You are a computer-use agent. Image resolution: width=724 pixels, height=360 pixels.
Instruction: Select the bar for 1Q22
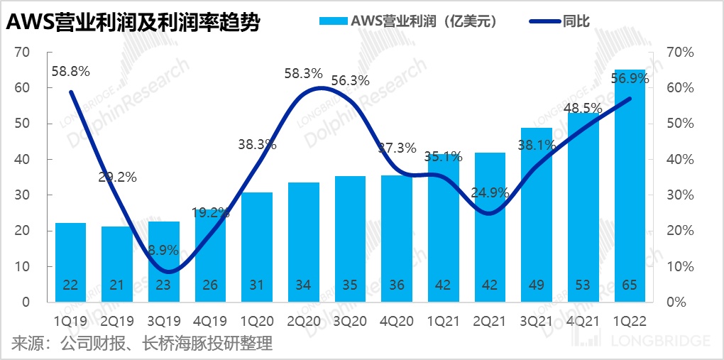tap(629, 185)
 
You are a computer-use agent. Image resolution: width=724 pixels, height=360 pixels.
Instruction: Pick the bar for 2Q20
tap(303, 241)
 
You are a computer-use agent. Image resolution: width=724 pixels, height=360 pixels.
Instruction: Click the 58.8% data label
tap(70, 71)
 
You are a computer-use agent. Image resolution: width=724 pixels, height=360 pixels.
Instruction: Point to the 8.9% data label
tap(163, 250)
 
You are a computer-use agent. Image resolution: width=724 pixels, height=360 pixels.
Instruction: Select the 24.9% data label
tap(489, 192)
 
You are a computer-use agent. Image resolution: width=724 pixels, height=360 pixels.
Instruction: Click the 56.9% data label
tap(630, 80)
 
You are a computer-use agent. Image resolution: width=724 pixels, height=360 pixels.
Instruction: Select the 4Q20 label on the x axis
tap(396, 320)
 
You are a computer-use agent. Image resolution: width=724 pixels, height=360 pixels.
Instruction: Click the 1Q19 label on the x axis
tap(71, 320)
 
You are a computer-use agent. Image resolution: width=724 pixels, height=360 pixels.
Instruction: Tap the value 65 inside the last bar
tap(629, 285)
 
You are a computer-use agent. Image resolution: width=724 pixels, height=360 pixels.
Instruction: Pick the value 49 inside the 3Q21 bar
tap(536, 285)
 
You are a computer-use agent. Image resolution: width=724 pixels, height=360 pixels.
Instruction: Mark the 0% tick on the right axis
tap(676, 302)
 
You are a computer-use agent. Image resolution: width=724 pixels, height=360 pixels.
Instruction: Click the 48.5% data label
tap(583, 109)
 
